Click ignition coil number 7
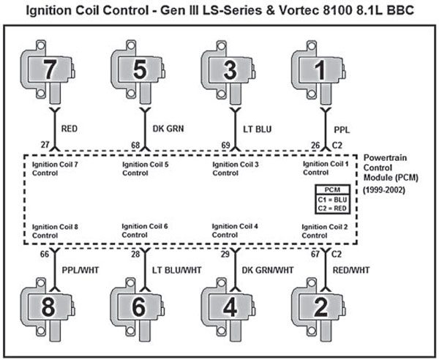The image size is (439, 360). [52, 72]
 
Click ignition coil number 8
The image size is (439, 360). [52, 305]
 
